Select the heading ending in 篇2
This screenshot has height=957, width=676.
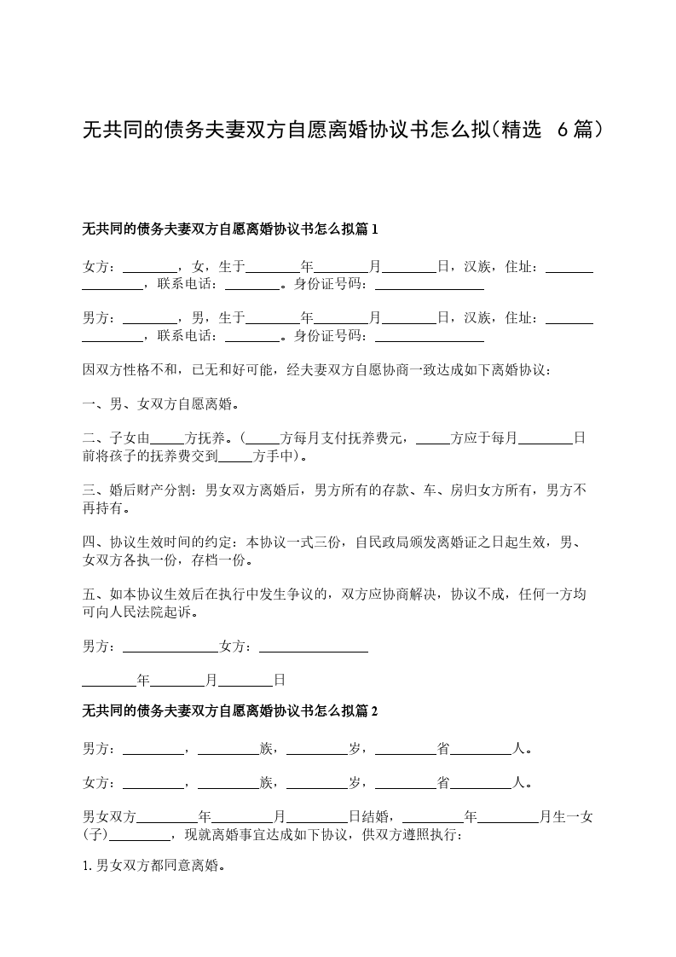[229, 710]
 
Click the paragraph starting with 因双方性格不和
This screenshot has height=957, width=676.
[316, 371]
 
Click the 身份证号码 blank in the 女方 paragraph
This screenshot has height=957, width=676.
[430, 285]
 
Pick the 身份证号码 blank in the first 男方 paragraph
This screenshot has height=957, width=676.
[430, 337]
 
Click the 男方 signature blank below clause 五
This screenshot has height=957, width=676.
[170, 647]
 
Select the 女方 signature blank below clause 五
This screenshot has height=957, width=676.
[313, 647]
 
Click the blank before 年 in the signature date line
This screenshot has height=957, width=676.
[109, 680]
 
